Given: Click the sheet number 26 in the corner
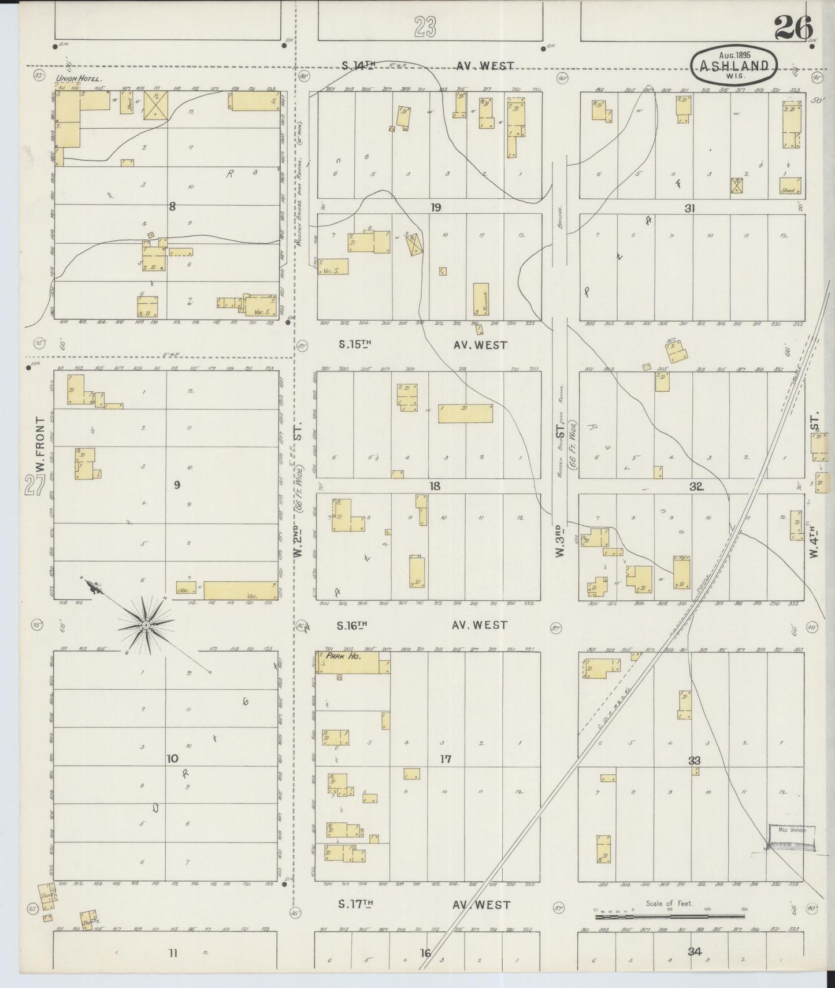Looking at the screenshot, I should coord(794,28).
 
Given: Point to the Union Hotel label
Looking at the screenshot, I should coord(79,78).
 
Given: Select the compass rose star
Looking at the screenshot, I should coord(146,625).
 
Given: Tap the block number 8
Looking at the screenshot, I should coord(172,205).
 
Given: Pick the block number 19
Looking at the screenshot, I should coord(435,207).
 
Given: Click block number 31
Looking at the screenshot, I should coord(689,209).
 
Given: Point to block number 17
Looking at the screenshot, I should coord(445,759).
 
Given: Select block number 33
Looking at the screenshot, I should coord(694,761).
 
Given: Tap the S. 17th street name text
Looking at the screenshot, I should coord(354,920).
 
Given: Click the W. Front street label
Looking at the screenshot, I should coord(39,445).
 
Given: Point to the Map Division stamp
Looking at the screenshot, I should coord(791,830).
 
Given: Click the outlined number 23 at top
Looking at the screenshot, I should coord(425,27).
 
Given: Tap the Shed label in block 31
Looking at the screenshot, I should coord(788,190).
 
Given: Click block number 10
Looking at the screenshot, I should coord(172,759).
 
